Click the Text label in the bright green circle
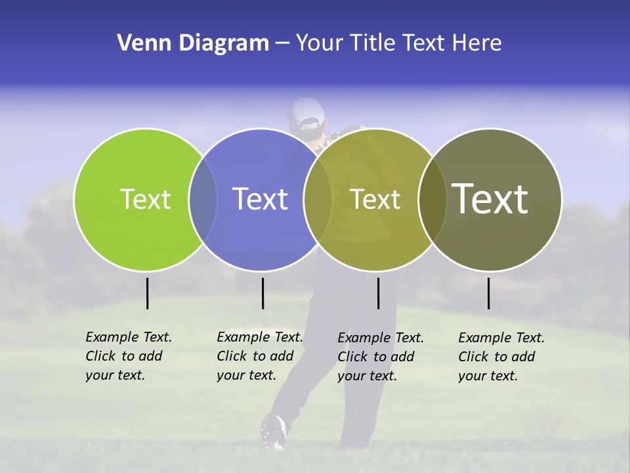[145, 199]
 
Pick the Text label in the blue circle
[260, 199]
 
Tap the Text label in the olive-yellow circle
[375, 199]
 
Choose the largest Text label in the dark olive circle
[490, 199]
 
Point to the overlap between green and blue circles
[203, 199]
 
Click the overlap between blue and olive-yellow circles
[318, 199]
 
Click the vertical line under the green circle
[147, 293]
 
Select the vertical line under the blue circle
[262, 293]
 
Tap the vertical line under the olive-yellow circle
[378, 293]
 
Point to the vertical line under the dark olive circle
[488, 293]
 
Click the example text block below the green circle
[128, 356]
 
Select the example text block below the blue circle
[259, 356]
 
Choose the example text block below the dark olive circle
[501, 357]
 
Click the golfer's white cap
[306, 114]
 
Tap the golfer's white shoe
[273, 430]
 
